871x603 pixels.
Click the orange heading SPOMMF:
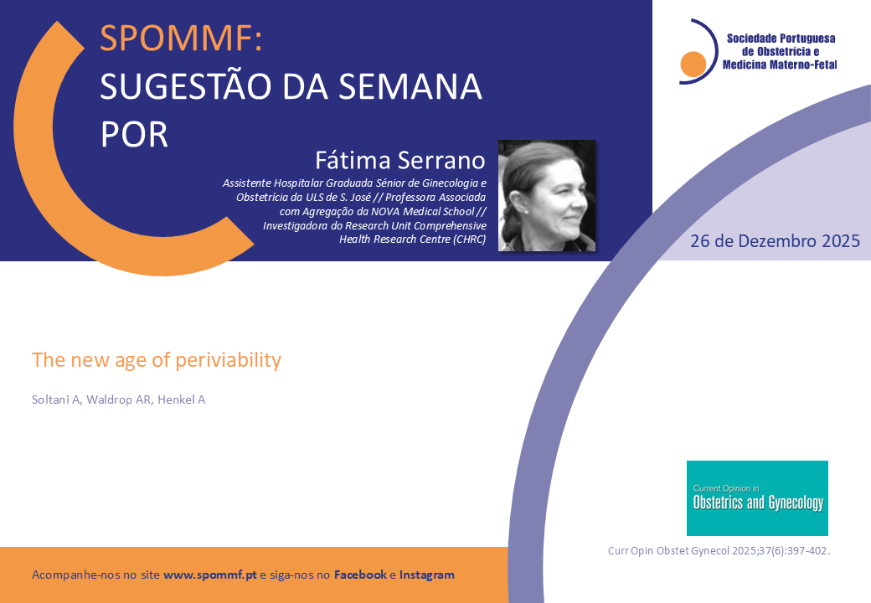[181, 39]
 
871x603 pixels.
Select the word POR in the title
[135, 134]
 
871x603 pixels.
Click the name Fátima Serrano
[400, 161]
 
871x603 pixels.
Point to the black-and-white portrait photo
[547, 195]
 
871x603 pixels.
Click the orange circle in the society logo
[693, 64]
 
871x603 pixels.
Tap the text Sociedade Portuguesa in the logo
[781, 39]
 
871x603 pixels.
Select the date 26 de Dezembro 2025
[775, 241]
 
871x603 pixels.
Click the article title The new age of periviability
[157, 360]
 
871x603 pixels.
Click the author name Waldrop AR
[120, 399]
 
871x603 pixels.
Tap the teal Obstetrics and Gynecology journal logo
[757, 498]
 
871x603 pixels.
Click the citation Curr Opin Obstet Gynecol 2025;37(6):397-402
[719, 551]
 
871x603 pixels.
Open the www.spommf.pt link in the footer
[210, 575]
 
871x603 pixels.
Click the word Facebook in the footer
[360, 575]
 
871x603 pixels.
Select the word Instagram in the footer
[426, 575]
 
